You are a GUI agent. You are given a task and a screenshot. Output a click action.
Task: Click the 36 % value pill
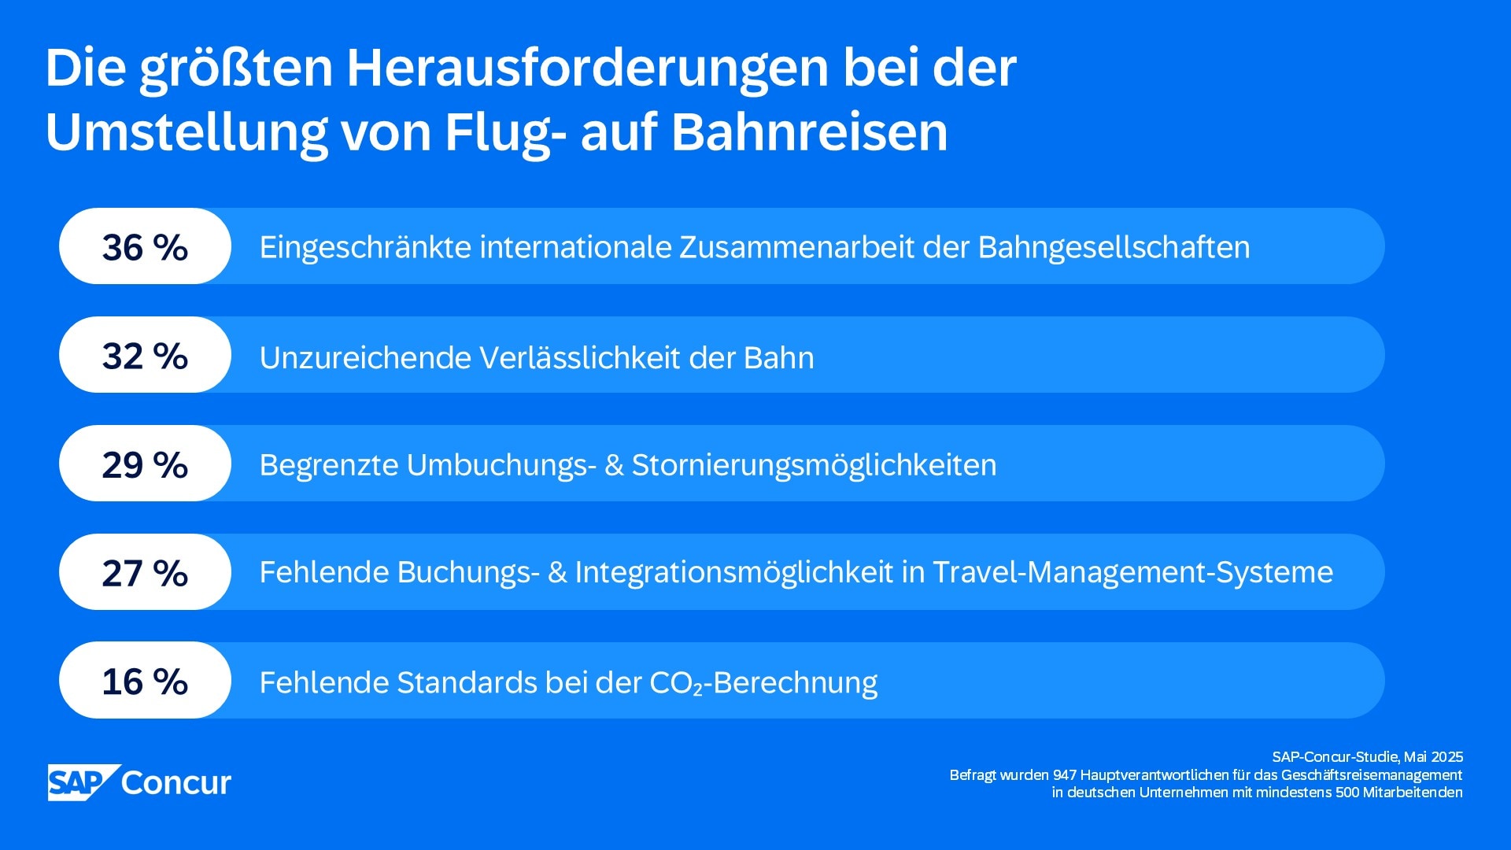click(x=145, y=246)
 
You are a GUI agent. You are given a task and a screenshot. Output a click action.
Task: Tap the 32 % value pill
click(x=145, y=355)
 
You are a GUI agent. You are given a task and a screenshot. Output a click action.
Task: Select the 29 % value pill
click(x=145, y=464)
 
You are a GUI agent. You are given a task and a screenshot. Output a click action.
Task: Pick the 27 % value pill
click(x=145, y=572)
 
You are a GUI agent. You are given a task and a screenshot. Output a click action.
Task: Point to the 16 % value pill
click(x=145, y=681)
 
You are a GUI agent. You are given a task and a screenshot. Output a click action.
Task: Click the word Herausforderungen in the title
click(x=587, y=68)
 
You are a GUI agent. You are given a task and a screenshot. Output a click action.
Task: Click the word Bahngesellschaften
click(x=1114, y=247)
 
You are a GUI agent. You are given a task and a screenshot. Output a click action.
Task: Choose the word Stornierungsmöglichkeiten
click(x=814, y=465)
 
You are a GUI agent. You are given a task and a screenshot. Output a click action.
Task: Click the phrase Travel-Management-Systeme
click(x=1132, y=572)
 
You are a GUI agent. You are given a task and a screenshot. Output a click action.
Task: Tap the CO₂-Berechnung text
click(x=763, y=682)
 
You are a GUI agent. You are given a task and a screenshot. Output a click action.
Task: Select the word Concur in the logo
click(x=176, y=782)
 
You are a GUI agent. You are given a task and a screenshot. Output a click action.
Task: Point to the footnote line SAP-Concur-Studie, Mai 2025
click(x=1367, y=757)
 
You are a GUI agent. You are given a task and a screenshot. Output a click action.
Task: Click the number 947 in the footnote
click(x=1064, y=775)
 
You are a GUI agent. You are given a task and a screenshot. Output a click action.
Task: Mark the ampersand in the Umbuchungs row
click(x=614, y=465)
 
